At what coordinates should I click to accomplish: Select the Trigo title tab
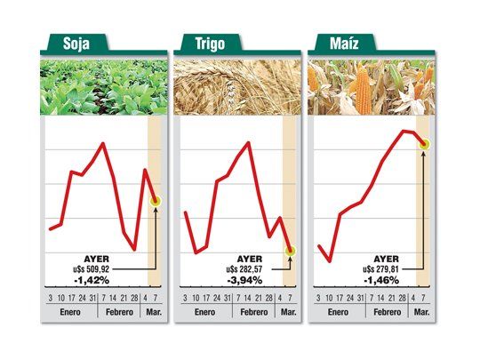tap(207, 44)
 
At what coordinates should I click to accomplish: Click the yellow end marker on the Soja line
tap(156, 202)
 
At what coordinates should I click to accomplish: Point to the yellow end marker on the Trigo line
tap(290, 252)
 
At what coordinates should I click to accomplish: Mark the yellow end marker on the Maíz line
tap(424, 144)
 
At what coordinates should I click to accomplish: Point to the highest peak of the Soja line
tap(104, 143)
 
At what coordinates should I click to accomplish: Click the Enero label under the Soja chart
tap(68, 313)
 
